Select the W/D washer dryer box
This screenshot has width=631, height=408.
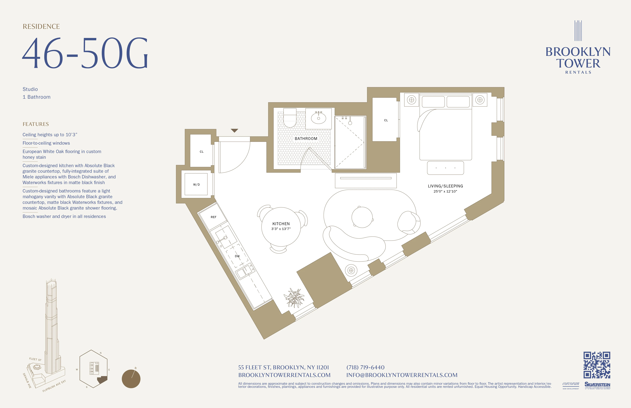point(196,184)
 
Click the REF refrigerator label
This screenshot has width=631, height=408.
point(213,217)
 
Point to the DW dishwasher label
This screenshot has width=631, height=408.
point(237,256)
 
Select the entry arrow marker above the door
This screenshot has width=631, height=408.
point(234,130)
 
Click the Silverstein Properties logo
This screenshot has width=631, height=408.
point(597,385)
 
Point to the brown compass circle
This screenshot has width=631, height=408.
point(131,379)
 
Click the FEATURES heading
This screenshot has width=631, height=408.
point(36,124)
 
